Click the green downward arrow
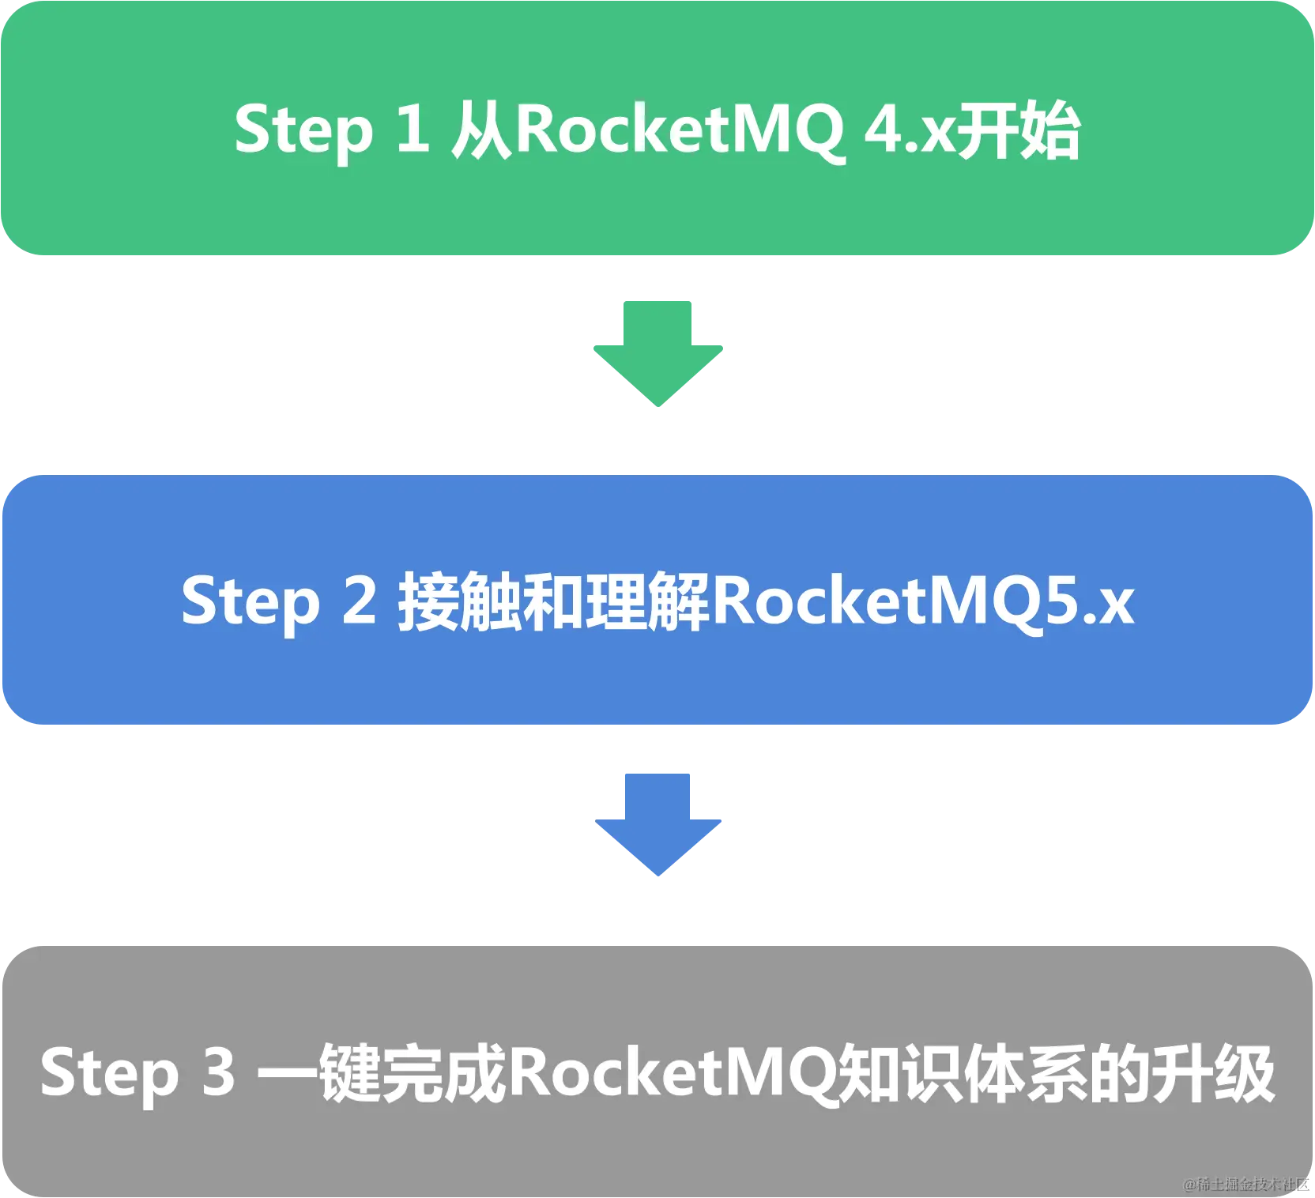click(657, 352)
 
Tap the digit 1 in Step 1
click(413, 128)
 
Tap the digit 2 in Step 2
click(360, 600)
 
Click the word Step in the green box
click(303, 130)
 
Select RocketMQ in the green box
click(680, 130)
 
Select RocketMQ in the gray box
click(672, 1073)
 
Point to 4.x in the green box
click(909, 130)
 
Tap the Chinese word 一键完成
click(382, 1073)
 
